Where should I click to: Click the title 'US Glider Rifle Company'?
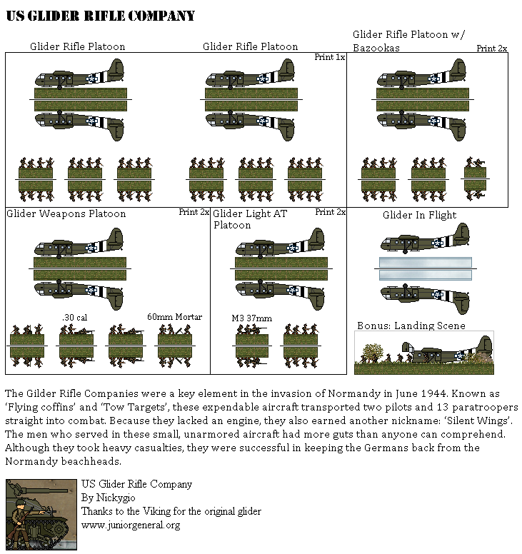coord(100,16)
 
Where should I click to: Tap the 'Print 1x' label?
coord(330,57)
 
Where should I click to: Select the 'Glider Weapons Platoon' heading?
coord(66,213)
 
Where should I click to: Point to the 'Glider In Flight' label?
coord(419,215)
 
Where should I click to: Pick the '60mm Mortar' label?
coord(175,317)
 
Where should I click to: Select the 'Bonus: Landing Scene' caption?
coord(411,326)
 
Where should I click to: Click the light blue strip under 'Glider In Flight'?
coord(424,269)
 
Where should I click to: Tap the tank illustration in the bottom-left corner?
coord(41,514)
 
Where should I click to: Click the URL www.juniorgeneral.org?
coord(131,525)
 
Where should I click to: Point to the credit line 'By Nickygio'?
coord(109,498)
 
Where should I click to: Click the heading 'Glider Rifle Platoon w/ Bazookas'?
coord(408,41)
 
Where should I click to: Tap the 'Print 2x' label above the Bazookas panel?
coord(492,49)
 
